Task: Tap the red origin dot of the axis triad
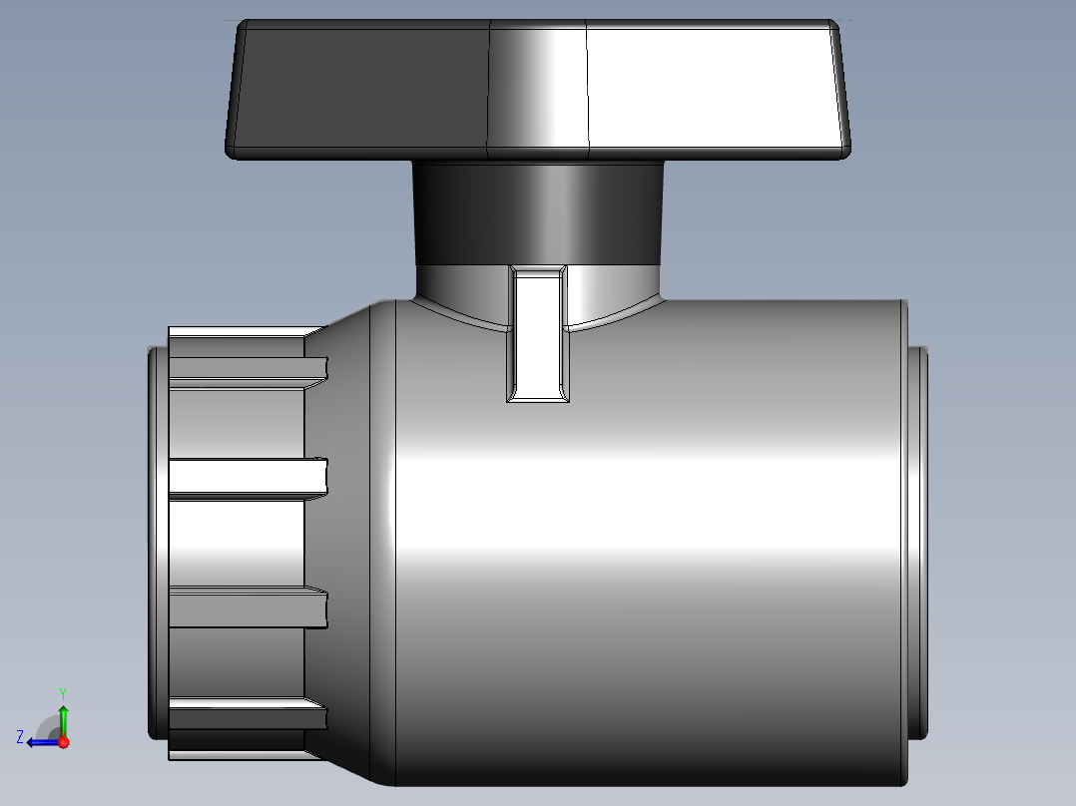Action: (63, 742)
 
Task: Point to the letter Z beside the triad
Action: (20, 737)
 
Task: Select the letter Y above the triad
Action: (62, 691)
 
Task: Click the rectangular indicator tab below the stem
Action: (538, 334)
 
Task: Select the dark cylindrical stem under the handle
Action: (539, 211)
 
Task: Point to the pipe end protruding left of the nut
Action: (158, 544)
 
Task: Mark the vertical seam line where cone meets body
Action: (396, 544)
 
